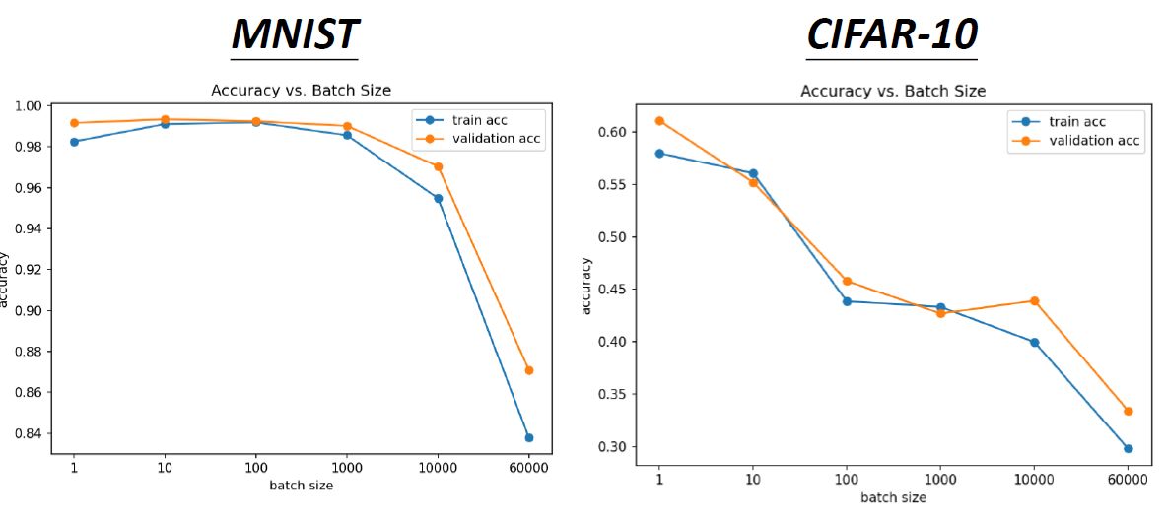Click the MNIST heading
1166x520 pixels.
[x=295, y=33]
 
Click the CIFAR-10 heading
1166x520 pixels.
[x=892, y=33]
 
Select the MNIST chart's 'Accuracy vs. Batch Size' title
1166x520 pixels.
[x=301, y=90]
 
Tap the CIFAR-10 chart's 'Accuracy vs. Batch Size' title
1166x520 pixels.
[x=893, y=91]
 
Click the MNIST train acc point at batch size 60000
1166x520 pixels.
[x=529, y=437]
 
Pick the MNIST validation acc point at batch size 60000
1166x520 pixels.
[x=529, y=370]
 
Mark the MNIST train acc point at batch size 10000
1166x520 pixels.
[x=438, y=198]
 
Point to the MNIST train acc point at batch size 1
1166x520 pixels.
[x=74, y=142]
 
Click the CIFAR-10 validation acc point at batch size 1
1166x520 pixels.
[x=660, y=121]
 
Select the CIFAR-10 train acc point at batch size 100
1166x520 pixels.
[x=847, y=301]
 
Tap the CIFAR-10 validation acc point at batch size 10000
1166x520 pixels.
[x=1035, y=300]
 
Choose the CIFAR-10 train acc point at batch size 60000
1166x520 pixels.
[x=1129, y=448]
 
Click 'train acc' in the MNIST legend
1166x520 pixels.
[x=479, y=120]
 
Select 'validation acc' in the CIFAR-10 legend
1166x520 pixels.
[x=1093, y=141]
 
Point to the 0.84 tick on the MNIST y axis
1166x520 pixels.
[x=32, y=433]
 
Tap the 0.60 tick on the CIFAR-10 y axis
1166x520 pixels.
[x=628, y=132]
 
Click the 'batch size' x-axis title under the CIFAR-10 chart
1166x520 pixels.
[x=893, y=497]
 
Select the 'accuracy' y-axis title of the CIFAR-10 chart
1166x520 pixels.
[x=587, y=286]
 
